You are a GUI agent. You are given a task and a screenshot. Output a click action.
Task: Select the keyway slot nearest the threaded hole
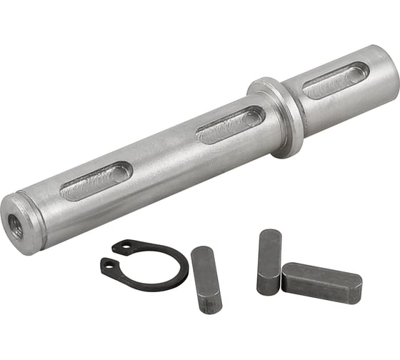[x=96, y=181]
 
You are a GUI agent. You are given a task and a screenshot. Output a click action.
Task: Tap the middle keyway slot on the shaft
[x=230, y=125]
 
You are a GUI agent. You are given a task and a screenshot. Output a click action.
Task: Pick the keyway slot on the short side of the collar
[x=336, y=80]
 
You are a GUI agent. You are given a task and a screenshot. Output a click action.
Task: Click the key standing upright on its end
[x=269, y=261]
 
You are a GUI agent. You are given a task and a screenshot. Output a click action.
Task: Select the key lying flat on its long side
[x=321, y=283]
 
